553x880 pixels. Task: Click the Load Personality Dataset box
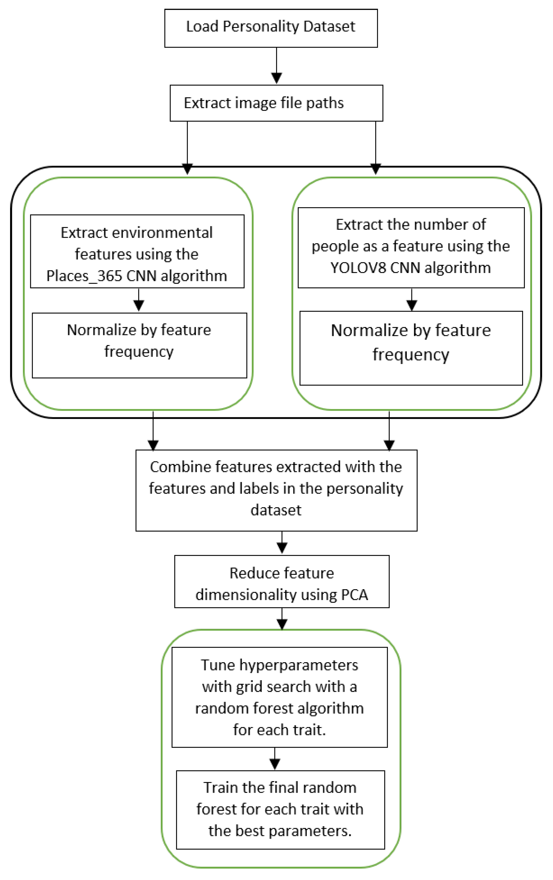[x=271, y=28]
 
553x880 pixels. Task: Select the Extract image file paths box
[x=276, y=103]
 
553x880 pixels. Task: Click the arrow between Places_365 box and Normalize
[x=139, y=300]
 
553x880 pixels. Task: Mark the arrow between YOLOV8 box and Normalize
[x=412, y=300]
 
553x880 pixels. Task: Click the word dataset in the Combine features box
[x=276, y=510]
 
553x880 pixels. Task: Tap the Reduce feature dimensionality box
[x=282, y=582]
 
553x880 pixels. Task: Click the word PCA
[x=354, y=595]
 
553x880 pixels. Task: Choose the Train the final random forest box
[x=280, y=809]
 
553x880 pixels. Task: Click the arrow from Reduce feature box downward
[x=282, y=619]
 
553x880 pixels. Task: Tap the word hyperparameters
[x=299, y=665]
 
